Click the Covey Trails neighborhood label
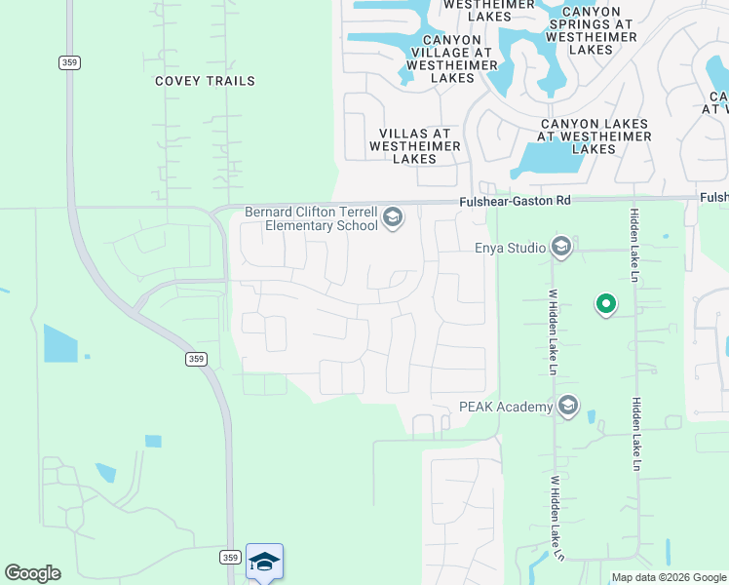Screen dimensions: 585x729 [x=205, y=81]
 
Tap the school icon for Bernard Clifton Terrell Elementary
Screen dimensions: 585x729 [x=393, y=216]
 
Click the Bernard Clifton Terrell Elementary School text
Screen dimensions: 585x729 [x=311, y=218]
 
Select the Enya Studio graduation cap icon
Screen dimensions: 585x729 [x=560, y=248]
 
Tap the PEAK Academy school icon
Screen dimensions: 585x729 [x=568, y=406]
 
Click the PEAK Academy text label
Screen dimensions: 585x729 [x=506, y=406]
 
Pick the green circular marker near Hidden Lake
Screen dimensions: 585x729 [x=606, y=305]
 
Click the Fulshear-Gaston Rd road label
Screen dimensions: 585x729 [x=515, y=201]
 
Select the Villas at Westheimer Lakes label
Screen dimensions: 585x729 [x=414, y=145]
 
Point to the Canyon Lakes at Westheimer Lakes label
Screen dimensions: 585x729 [x=595, y=136]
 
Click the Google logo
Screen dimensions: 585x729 [x=32, y=572]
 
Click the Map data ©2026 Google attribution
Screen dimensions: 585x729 [x=670, y=577]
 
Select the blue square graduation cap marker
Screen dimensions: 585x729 [x=264, y=562]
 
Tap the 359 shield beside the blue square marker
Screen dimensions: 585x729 [x=229, y=557]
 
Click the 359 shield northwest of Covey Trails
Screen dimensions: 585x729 [x=68, y=62]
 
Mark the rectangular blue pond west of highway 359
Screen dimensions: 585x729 [x=59, y=343]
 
